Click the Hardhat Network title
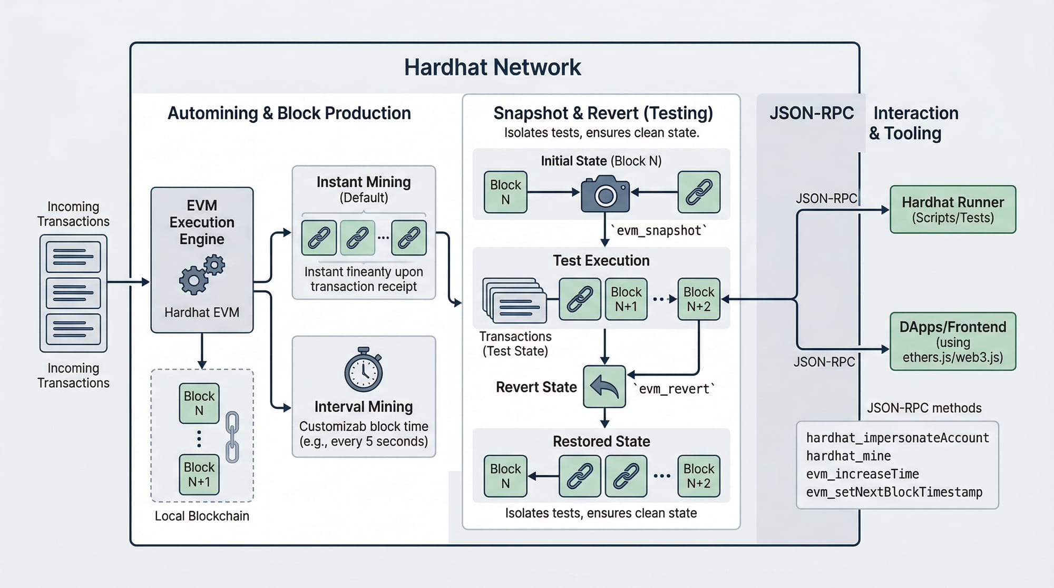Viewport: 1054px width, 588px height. (492, 67)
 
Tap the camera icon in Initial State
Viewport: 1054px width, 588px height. (605, 194)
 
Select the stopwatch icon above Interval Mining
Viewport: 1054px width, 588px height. (364, 370)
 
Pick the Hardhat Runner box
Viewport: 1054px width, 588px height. (953, 209)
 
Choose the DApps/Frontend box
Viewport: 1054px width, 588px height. (953, 341)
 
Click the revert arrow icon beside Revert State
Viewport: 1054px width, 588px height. (604, 387)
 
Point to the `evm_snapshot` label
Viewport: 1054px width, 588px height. (659, 230)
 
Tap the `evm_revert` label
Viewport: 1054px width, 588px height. (674, 389)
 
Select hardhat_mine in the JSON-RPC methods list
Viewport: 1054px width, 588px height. (848, 456)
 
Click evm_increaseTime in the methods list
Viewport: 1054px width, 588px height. (862, 474)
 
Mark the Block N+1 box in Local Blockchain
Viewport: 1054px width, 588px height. (199, 474)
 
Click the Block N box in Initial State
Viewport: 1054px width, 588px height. (505, 192)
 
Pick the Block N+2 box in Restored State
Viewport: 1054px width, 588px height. (699, 476)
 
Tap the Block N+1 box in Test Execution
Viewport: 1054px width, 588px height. (626, 299)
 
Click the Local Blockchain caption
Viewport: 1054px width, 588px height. (202, 516)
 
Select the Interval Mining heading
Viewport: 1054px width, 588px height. (364, 407)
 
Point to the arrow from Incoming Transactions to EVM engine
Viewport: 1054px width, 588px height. (129, 282)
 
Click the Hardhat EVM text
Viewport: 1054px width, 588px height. (202, 312)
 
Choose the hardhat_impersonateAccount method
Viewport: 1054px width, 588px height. (897, 438)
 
